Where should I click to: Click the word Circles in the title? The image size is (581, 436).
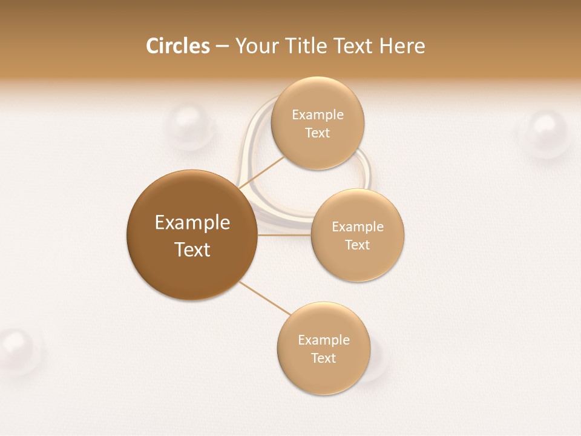[x=178, y=46]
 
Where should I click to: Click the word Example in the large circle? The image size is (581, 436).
[x=192, y=222]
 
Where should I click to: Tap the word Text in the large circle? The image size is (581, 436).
[x=192, y=249]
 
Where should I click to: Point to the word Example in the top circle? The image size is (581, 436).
[x=318, y=114]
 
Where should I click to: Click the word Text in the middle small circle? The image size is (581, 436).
[x=358, y=245]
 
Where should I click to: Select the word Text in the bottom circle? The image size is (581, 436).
[x=323, y=358]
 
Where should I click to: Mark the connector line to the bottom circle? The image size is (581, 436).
[x=264, y=298]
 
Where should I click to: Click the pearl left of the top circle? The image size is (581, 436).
[x=189, y=127]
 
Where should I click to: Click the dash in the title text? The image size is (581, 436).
[x=222, y=46]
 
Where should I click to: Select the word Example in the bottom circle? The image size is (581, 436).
[x=323, y=340]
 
